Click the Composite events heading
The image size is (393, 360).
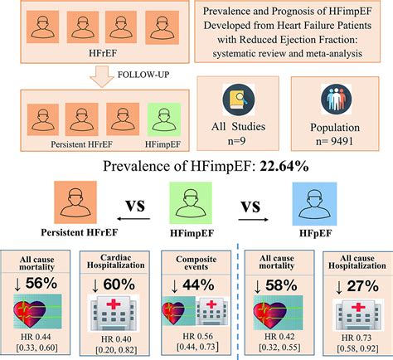tap(195, 259)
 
